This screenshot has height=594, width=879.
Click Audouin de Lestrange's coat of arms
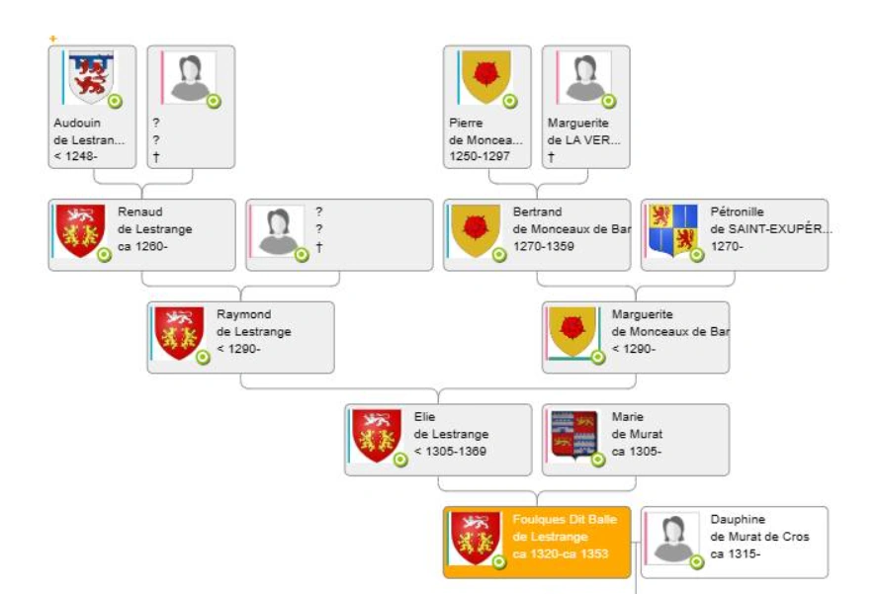pos(91,77)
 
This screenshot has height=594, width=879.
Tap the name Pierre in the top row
pos(466,123)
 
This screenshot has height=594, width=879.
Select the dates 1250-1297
pos(480,156)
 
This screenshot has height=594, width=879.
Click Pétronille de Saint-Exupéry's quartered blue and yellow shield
pos(672,230)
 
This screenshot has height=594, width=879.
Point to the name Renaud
pos(140,212)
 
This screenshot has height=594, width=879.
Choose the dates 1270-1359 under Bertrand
pos(543,246)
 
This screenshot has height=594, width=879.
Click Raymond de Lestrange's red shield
pos(179,333)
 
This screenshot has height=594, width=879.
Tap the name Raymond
pos(244,314)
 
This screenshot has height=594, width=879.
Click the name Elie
pos(424,417)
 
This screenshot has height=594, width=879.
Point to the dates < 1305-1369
pos(450,451)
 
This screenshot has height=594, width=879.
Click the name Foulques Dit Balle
pos(565,520)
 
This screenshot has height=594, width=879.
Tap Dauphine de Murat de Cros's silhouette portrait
pos(673,538)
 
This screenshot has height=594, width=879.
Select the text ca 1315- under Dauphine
pos(736,553)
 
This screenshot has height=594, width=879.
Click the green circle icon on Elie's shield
pos(400,460)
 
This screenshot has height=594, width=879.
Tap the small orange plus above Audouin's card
pos(53,39)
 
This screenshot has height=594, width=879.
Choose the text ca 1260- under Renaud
pos(142,246)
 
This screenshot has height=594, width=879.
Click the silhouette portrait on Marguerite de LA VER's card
pos(584,77)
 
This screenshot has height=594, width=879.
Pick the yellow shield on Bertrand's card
pos(476,230)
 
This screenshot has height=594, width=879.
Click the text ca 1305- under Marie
pos(637,451)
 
